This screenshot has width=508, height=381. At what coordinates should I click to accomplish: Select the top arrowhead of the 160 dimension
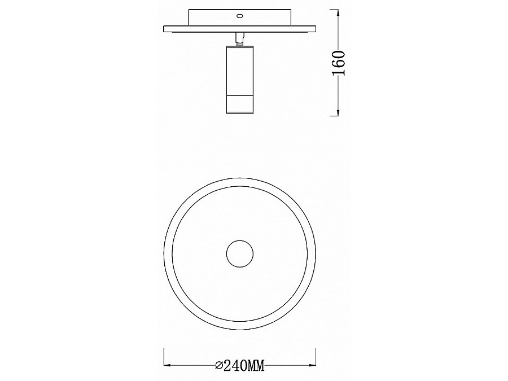(338, 13)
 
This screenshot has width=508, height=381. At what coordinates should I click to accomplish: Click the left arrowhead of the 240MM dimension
(167, 365)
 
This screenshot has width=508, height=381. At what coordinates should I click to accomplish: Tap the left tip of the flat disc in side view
(164, 29)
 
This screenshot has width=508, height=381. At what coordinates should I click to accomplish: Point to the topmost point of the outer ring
(240, 178)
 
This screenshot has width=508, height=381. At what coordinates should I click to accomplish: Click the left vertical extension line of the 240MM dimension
(164, 358)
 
